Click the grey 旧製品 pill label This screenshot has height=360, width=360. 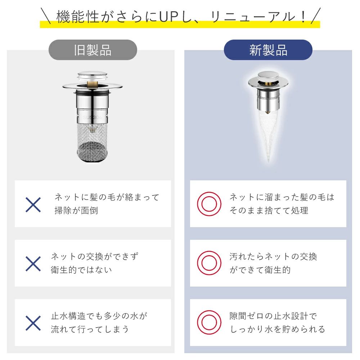tap(93, 50)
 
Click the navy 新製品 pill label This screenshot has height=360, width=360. tap(268, 50)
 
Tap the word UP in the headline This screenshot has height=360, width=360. tap(168, 17)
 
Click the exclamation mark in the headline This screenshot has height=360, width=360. tap(303, 17)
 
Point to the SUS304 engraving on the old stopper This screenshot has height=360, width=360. tap(92, 118)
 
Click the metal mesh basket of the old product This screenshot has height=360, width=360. tap(92, 143)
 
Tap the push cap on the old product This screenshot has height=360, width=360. tap(92, 76)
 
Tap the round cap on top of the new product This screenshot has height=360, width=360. tap(268, 75)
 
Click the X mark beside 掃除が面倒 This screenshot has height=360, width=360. tap(33, 205)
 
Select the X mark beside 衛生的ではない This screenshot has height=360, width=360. tap(33, 264)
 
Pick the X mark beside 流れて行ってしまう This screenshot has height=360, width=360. tap(33, 323)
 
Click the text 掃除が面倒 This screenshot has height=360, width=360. tap(76, 211)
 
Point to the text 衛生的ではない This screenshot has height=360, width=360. tap(81, 270)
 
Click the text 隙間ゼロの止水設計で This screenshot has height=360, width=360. tap(273, 316)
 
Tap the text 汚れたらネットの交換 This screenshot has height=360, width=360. tap(273, 256)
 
